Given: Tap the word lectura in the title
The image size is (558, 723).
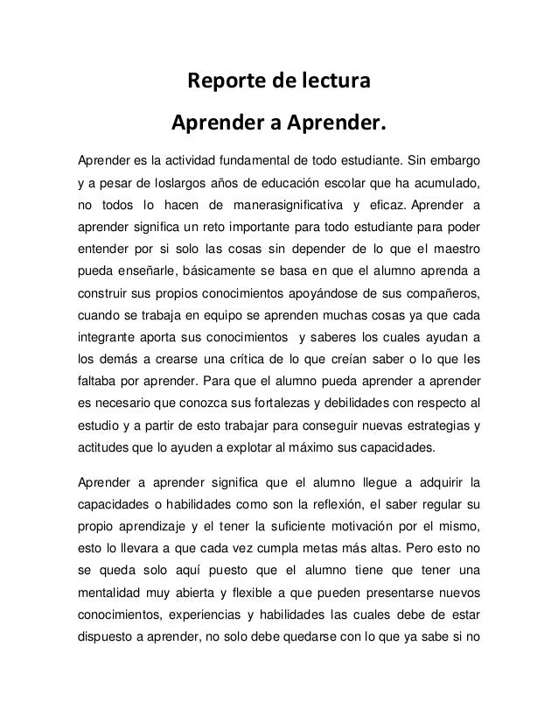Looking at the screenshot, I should pyautogui.click(x=331, y=83).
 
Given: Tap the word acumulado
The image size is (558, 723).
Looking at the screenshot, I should pyautogui.click(x=445, y=185).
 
